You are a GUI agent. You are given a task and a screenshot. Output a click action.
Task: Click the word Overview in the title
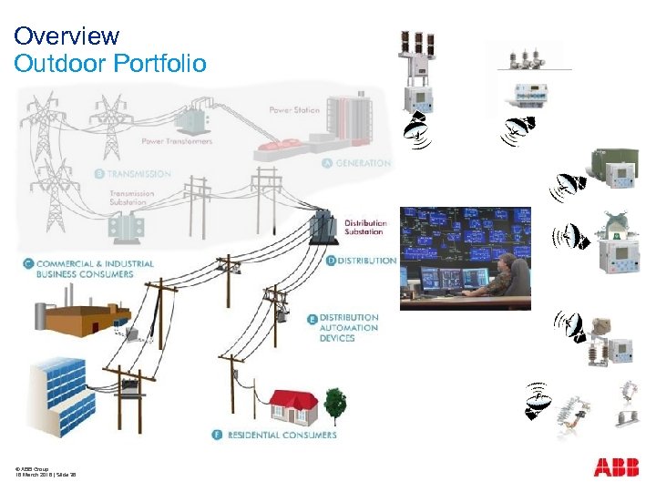pyautogui.click(x=67, y=36)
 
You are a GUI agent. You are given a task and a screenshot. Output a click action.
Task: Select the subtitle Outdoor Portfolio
pyautogui.click(x=110, y=64)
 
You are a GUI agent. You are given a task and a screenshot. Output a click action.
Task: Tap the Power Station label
pyautogui.click(x=294, y=110)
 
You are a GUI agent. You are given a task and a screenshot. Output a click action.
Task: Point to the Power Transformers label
pyautogui.click(x=177, y=141)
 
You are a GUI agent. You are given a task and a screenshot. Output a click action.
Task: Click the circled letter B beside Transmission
pyautogui.click(x=99, y=173)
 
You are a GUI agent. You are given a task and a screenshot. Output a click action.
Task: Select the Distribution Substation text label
pyautogui.click(x=364, y=227)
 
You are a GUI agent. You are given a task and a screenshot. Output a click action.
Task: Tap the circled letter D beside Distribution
pyautogui.click(x=330, y=261)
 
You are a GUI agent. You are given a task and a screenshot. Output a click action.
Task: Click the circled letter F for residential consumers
pyautogui.click(x=216, y=435)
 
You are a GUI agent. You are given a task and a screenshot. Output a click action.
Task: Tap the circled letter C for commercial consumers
pyautogui.click(x=29, y=264)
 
